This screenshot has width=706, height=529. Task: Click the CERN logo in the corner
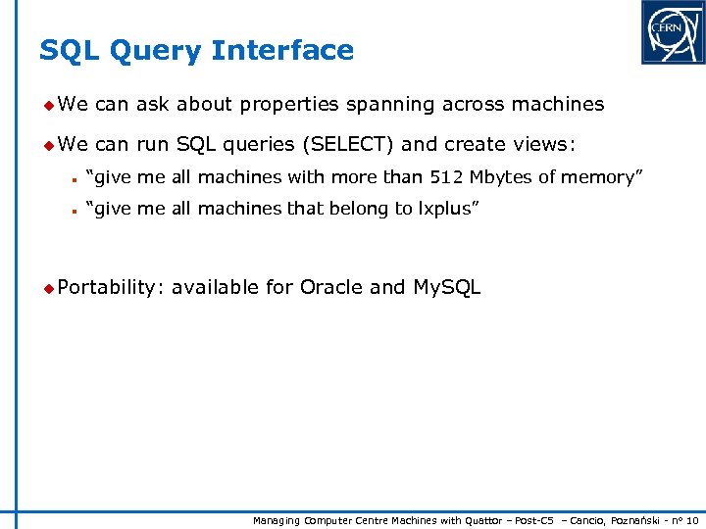673,32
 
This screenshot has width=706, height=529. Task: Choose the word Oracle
331,287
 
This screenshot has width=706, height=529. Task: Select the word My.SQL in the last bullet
447,287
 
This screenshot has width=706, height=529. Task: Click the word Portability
108,287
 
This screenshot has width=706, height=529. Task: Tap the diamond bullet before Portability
48,287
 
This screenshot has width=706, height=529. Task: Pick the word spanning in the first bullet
401,104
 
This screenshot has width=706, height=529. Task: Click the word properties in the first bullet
288,104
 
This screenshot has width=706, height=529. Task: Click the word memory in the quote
601,177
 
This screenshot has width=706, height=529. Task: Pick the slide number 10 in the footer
691,520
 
